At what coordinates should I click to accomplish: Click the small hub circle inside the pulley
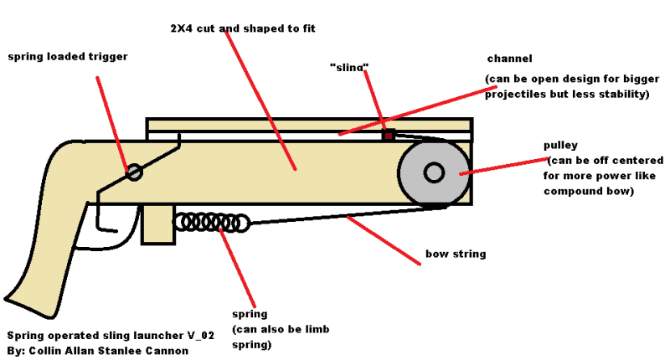(434, 172)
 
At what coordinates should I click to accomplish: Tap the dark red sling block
(389, 136)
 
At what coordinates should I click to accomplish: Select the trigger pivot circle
(135, 172)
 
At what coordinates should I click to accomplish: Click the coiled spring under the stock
(212, 223)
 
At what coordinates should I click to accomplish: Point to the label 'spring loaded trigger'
(68, 57)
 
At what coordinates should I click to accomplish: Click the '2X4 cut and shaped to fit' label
(243, 28)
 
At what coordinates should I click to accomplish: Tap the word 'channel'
(510, 59)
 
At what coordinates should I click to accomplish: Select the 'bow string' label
(456, 254)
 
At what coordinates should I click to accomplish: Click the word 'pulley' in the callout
(560, 145)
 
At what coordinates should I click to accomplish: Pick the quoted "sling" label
(349, 67)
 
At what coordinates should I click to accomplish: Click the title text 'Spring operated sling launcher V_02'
(111, 336)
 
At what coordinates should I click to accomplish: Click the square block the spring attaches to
(158, 224)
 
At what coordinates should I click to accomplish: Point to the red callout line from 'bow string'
(384, 240)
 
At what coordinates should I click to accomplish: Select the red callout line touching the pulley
(504, 166)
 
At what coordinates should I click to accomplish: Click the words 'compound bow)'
(589, 192)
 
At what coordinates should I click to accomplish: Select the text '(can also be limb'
(281, 329)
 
